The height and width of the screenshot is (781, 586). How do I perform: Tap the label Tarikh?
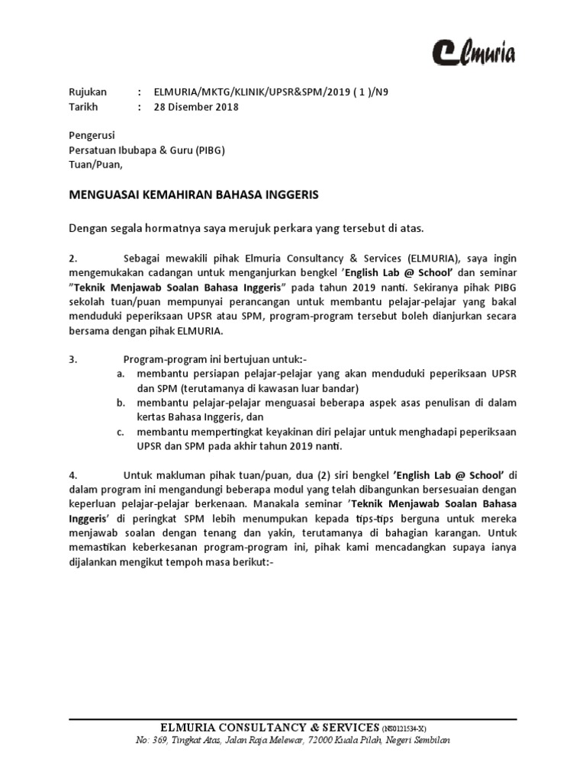[84, 107]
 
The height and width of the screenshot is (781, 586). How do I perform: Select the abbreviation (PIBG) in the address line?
[209, 149]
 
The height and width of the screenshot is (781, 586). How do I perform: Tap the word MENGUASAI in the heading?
[104, 195]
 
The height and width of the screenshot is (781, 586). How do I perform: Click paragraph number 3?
[72, 359]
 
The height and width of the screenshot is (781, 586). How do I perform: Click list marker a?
[121, 374]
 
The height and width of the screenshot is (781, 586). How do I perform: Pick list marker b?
[121, 401]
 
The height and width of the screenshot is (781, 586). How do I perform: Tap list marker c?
[121, 431]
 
